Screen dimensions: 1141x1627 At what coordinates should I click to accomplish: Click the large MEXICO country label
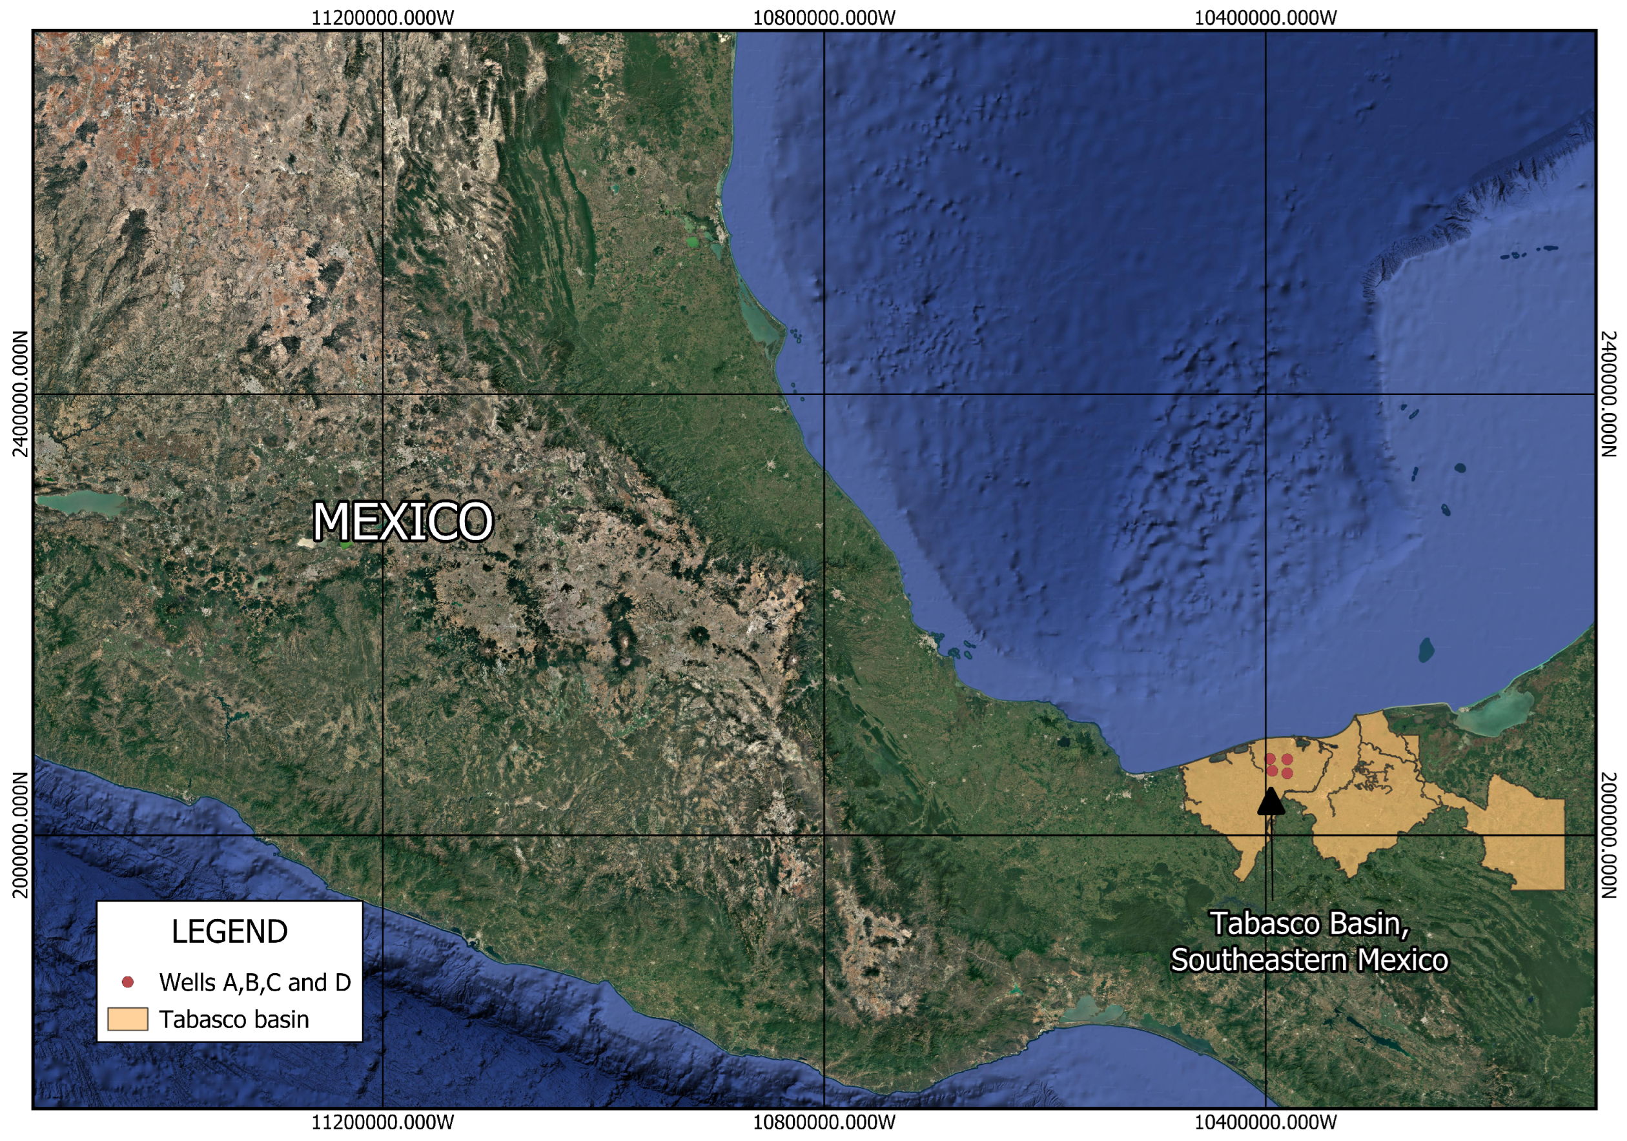pyautogui.click(x=402, y=522)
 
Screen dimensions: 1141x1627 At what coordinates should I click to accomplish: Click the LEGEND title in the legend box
pyautogui.click(x=230, y=932)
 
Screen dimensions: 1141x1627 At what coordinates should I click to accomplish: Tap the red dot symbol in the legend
pyautogui.click(x=128, y=982)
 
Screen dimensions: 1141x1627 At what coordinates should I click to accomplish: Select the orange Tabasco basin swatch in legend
pyautogui.click(x=128, y=1019)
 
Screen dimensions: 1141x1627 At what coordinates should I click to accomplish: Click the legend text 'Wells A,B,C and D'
pyautogui.click(x=255, y=982)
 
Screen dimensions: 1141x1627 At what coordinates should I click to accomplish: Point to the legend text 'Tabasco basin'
pyautogui.click(x=234, y=1020)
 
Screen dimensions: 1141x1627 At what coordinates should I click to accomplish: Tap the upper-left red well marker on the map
pyautogui.click(x=1271, y=759)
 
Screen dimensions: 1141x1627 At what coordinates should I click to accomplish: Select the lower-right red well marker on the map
pyautogui.click(x=1287, y=773)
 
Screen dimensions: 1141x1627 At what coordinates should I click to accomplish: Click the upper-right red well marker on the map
pyautogui.click(x=1287, y=759)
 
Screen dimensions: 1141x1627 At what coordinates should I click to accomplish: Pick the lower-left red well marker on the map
pyautogui.click(x=1272, y=771)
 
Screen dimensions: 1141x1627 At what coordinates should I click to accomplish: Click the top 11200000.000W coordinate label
pyautogui.click(x=383, y=17)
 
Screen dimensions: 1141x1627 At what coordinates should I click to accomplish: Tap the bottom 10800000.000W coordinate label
pyautogui.click(x=824, y=1122)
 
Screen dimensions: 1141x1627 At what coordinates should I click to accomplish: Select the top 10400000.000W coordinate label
pyautogui.click(x=1265, y=17)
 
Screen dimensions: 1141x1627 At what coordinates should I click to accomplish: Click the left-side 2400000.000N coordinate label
pyautogui.click(x=21, y=394)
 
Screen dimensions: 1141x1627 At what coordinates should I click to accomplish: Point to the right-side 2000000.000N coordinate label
pyautogui.click(x=1608, y=835)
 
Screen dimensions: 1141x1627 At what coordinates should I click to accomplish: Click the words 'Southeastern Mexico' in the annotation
pyautogui.click(x=1309, y=960)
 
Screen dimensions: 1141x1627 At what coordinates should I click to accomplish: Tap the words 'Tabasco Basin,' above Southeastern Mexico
pyautogui.click(x=1309, y=924)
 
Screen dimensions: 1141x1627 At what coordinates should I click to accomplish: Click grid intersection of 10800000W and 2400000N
pyautogui.click(x=824, y=394)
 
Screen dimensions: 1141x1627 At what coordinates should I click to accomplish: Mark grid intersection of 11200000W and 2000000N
pyautogui.click(x=383, y=835)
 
